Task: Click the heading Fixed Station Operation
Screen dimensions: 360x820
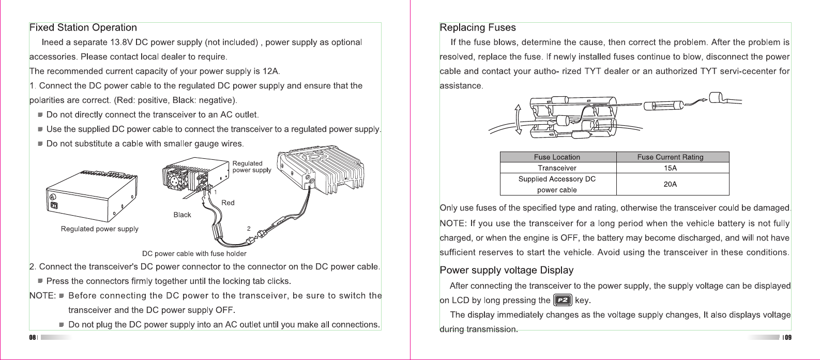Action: coord(83,28)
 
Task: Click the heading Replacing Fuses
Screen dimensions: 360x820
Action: coord(478,28)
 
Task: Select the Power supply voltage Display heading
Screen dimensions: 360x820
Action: coord(506,271)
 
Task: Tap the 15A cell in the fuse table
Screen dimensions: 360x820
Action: coord(670,168)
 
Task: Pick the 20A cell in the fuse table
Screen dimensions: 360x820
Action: coord(670,184)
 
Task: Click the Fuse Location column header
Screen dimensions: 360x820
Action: coord(557,157)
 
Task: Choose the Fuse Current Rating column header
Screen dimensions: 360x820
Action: coord(670,157)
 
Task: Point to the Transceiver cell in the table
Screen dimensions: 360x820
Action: coord(557,168)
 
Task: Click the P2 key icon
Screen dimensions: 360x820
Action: coord(563,300)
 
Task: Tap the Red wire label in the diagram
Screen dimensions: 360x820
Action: coord(228,203)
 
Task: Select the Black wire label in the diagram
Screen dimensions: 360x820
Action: coord(182,215)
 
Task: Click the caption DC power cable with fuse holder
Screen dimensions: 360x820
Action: coord(194,254)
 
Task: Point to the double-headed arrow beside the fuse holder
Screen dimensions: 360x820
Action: coord(518,119)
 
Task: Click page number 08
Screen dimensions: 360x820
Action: coord(32,338)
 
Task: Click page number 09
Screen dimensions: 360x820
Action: coord(787,338)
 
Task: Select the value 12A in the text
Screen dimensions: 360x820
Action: coord(270,71)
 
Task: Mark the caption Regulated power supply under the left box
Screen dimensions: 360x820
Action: coord(99,229)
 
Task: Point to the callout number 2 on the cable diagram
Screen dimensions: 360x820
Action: coord(249,228)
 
